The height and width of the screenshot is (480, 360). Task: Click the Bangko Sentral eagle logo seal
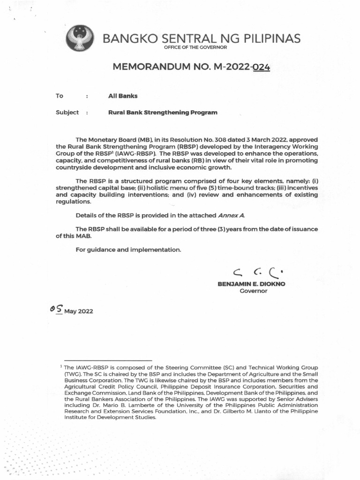(78, 38)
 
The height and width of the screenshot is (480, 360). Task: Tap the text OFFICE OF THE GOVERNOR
(195, 48)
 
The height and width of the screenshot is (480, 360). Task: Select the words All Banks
(123, 96)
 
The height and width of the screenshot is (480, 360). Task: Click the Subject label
(67, 113)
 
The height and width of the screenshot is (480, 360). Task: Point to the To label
(59, 96)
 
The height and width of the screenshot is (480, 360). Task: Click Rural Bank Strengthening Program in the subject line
(163, 113)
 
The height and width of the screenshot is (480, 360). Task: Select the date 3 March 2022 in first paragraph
(261, 139)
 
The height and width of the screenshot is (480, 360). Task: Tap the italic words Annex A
(232, 215)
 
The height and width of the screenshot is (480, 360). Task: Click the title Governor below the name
(253, 291)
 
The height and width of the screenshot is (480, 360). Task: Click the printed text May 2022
(79, 311)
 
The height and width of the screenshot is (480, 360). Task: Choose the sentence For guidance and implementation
(128, 250)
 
